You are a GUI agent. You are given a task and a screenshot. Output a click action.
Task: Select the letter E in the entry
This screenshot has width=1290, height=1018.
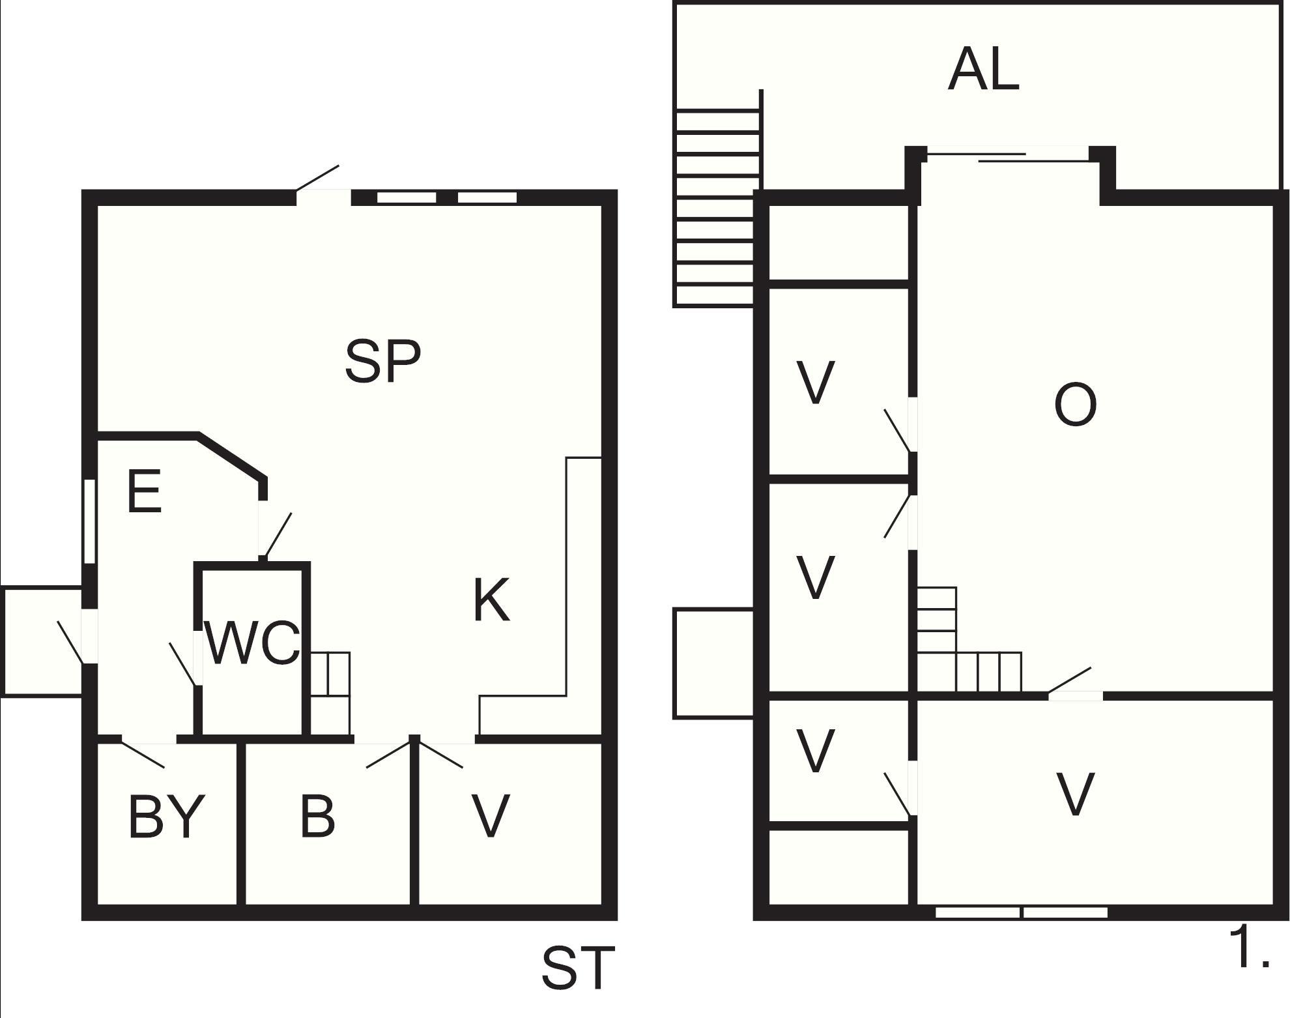144,492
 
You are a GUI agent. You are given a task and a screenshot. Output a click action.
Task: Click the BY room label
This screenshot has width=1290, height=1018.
167,816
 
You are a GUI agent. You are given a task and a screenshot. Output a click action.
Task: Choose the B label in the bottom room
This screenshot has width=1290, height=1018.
318,816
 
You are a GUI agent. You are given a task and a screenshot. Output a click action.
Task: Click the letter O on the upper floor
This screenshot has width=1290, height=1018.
1075,405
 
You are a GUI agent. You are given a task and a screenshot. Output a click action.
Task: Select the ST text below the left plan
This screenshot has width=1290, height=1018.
578,968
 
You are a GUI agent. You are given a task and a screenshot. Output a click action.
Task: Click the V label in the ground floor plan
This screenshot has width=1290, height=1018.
490,816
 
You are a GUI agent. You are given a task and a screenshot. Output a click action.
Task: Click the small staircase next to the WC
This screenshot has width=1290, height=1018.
330,693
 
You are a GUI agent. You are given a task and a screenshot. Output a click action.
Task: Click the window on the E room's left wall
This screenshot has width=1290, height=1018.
90,521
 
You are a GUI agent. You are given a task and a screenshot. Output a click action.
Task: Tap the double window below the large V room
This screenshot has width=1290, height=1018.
1022,912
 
